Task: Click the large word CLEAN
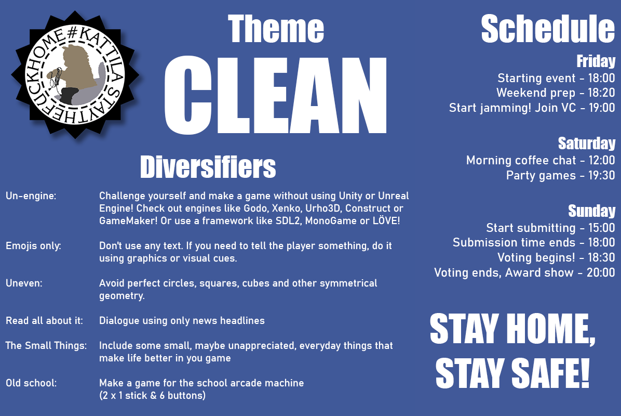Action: [275, 95]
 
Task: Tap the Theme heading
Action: [276, 29]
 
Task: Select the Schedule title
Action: [548, 29]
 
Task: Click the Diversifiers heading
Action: [208, 167]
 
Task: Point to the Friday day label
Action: [596, 61]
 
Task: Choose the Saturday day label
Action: [587, 143]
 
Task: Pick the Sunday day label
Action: [592, 211]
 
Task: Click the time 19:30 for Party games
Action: [602, 175]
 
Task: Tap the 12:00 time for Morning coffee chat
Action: [602, 160]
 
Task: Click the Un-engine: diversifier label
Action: [31, 196]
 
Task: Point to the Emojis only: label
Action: [33, 246]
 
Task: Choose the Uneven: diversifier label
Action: [24, 283]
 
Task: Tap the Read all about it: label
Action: [44, 320]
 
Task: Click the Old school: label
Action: [31, 383]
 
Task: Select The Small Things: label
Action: [46, 345]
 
